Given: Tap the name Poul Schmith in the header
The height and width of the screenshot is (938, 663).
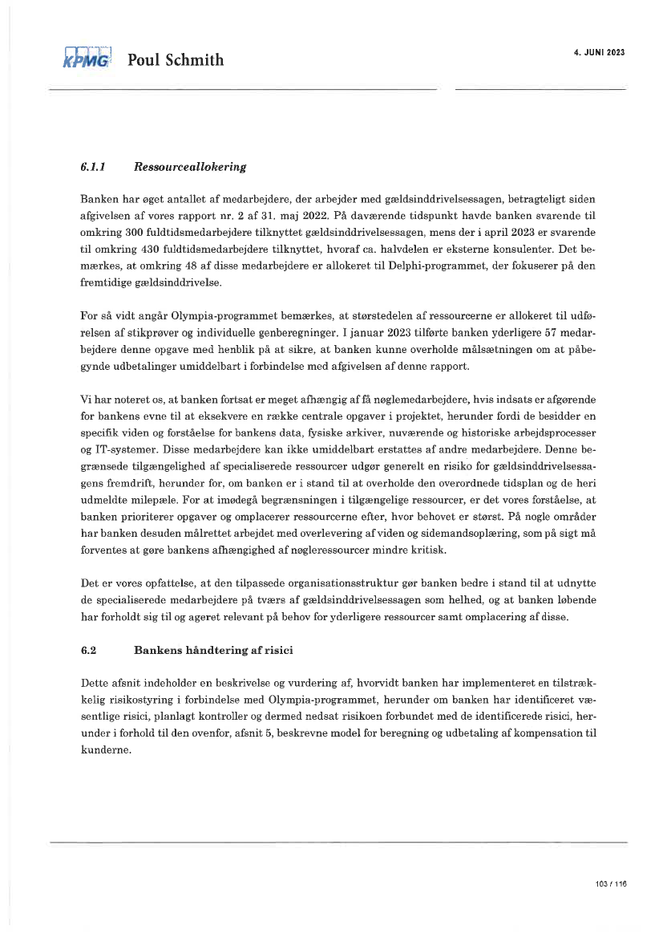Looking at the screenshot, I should coord(176,60).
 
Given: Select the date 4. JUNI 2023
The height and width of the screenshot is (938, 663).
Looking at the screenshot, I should coord(599,52).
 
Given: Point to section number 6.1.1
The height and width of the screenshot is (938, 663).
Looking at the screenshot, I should coord(94,168).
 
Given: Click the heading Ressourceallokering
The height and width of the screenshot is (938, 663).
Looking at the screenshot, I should coord(190,168).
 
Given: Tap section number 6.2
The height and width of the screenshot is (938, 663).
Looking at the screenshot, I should coord(88,651).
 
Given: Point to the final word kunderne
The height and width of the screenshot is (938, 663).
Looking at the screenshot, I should coord(105,751).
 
